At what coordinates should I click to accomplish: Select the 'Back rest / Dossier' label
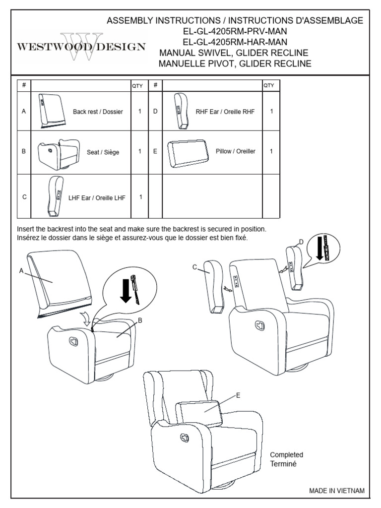click(x=98, y=112)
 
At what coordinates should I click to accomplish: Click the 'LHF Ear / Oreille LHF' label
click(x=100, y=197)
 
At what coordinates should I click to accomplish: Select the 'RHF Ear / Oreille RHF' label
click(x=225, y=112)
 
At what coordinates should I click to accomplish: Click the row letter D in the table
click(x=155, y=112)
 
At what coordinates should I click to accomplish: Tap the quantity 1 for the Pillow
click(x=271, y=151)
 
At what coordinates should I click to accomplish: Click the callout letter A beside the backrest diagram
click(x=21, y=270)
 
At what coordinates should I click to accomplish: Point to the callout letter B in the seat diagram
click(x=140, y=320)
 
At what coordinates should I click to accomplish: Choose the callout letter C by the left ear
click(x=195, y=267)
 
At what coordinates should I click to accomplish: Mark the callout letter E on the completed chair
click(x=238, y=395)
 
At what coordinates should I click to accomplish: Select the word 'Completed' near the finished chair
click(x=286, y=454)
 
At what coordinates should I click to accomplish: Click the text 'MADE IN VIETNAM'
click(x=337, y=490)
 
